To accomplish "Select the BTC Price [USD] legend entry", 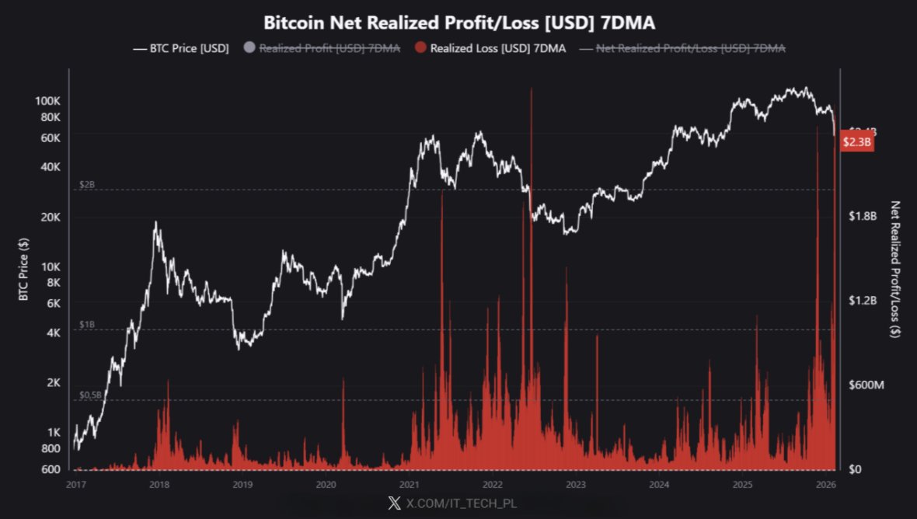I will pos(182,49).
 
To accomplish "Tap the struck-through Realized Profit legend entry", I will pos(323,49).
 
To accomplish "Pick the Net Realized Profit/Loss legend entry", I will pos(683,49).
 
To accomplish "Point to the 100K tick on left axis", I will pos(48,101).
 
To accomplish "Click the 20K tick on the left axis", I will pos(51,217).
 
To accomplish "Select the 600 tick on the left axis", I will pos(51,469).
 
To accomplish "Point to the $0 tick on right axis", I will pos(855,469).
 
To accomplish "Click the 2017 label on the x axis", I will pos(75,485).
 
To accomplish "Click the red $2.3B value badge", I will pos(857,143).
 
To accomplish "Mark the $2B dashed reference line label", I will pos(87,185).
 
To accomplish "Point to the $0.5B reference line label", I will pos(90,395).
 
